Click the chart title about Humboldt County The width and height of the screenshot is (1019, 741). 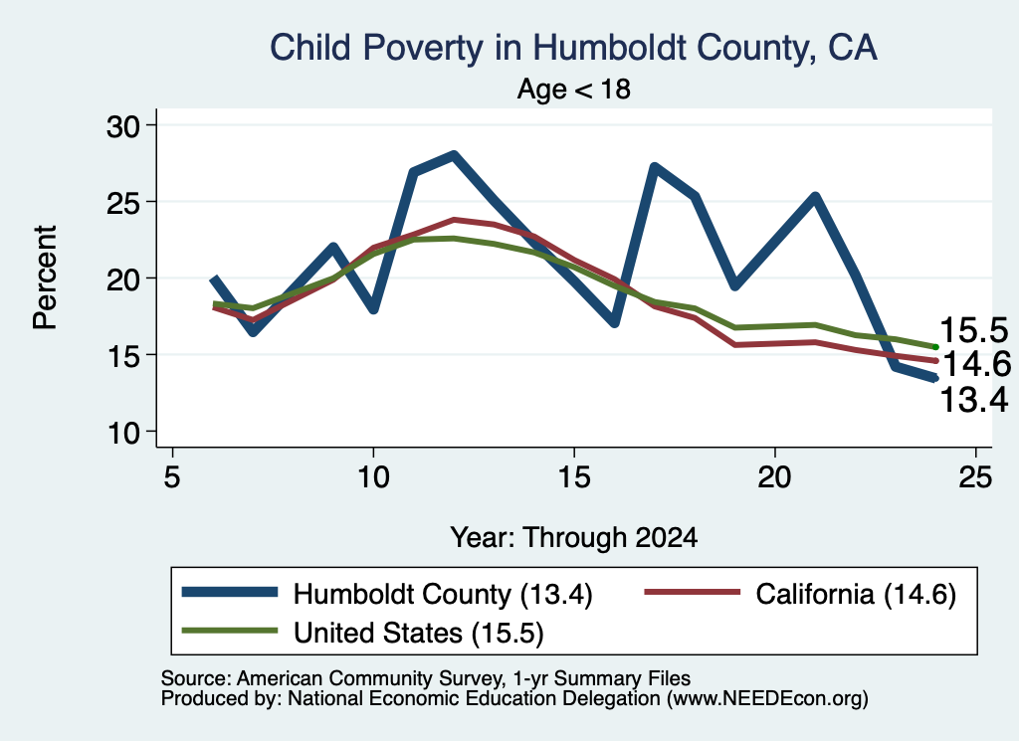click(573, 49)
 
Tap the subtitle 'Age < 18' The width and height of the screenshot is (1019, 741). click(574, 89)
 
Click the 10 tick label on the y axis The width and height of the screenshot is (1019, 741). click(122, 433)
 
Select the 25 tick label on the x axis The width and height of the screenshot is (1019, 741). click(975, 478)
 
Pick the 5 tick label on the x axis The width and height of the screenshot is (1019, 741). click(171, 478)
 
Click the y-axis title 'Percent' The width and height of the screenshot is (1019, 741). click(46, 278)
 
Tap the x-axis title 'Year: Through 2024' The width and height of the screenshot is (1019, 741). click(574, 538)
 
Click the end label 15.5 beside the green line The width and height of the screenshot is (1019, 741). click(973, 330)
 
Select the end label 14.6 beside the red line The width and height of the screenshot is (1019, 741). click(976, 364)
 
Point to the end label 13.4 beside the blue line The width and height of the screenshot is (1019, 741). click(973, 399)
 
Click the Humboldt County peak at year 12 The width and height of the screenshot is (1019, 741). click(454, 156)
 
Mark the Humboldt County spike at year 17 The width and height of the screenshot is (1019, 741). click(655, 167)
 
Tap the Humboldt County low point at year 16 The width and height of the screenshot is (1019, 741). click(614, 322)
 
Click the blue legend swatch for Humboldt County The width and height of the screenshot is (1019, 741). click(230, 592)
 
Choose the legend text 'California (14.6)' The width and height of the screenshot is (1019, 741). click(855, 594)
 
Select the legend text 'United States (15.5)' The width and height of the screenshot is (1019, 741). click(419, 634)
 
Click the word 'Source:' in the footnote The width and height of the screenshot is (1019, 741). click(196, 678)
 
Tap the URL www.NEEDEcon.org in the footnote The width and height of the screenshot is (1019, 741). click(767, 699)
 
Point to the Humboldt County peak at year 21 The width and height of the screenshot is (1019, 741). click(815, 196)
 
